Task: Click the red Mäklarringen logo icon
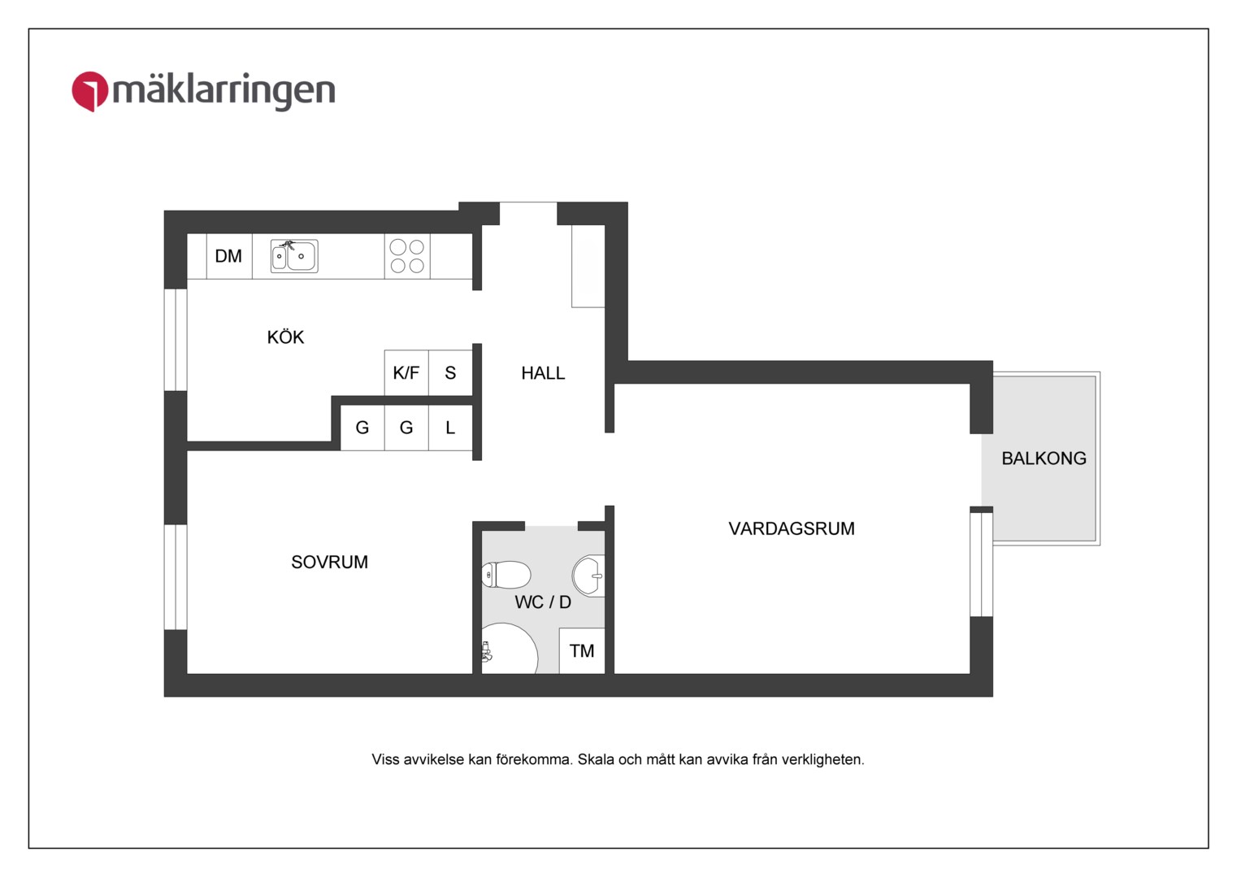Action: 89,91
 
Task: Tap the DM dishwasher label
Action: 228,256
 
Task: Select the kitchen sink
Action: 294,256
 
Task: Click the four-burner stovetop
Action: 407,256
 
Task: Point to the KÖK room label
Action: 285,337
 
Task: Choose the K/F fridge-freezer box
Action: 406,372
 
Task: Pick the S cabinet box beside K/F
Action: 450,372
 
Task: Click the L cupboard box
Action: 450,428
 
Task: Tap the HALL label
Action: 543,373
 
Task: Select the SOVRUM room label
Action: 330,562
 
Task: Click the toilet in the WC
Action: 506,574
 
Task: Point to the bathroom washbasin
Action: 589,576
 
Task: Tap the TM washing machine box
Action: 582,650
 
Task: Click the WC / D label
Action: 543,602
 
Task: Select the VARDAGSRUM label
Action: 792,528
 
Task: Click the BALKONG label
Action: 1044,459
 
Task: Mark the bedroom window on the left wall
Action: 176,577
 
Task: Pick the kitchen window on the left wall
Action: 176,340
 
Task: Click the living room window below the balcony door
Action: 981,564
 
